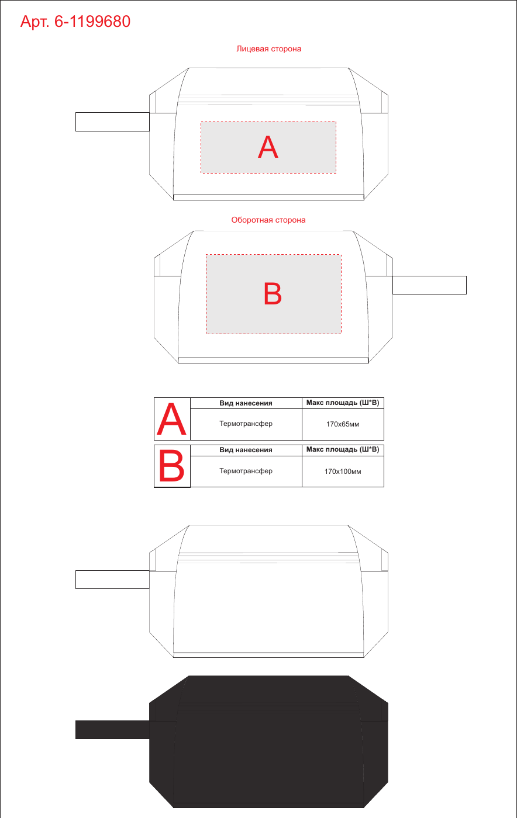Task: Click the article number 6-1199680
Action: point(92,22)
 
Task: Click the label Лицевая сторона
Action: point(269,49)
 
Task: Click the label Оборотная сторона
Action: point(268,220)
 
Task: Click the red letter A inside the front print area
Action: point(268,147)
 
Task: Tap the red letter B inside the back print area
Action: point(273,293)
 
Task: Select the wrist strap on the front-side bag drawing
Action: point(112,122)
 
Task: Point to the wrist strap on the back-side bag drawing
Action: point(429,285)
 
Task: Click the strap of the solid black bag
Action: point(112,730)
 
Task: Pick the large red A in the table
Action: point(171,420)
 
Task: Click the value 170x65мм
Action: point(343,424)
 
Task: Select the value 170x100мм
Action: point(343,472)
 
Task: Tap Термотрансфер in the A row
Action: point(246,424)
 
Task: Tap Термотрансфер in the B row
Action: point(246,471)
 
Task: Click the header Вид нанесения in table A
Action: point(246,403)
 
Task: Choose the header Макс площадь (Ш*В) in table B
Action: point(343,449)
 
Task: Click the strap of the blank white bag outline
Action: point(112,580)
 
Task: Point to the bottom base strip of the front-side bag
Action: point(269,197)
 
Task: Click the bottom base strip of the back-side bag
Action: point(273,361)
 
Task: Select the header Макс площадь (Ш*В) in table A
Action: point(343,403)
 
